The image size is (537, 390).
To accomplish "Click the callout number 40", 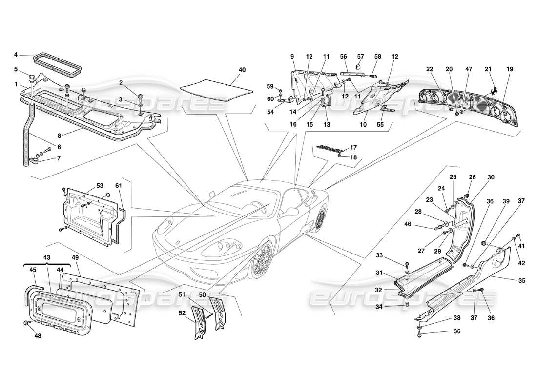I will [242, 70].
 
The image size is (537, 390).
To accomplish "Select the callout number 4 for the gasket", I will [16, 54].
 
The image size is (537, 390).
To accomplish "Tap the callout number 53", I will [100, 186].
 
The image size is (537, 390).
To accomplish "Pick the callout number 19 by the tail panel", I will [510, 70].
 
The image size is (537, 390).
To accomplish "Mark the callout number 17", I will [353, 147].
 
